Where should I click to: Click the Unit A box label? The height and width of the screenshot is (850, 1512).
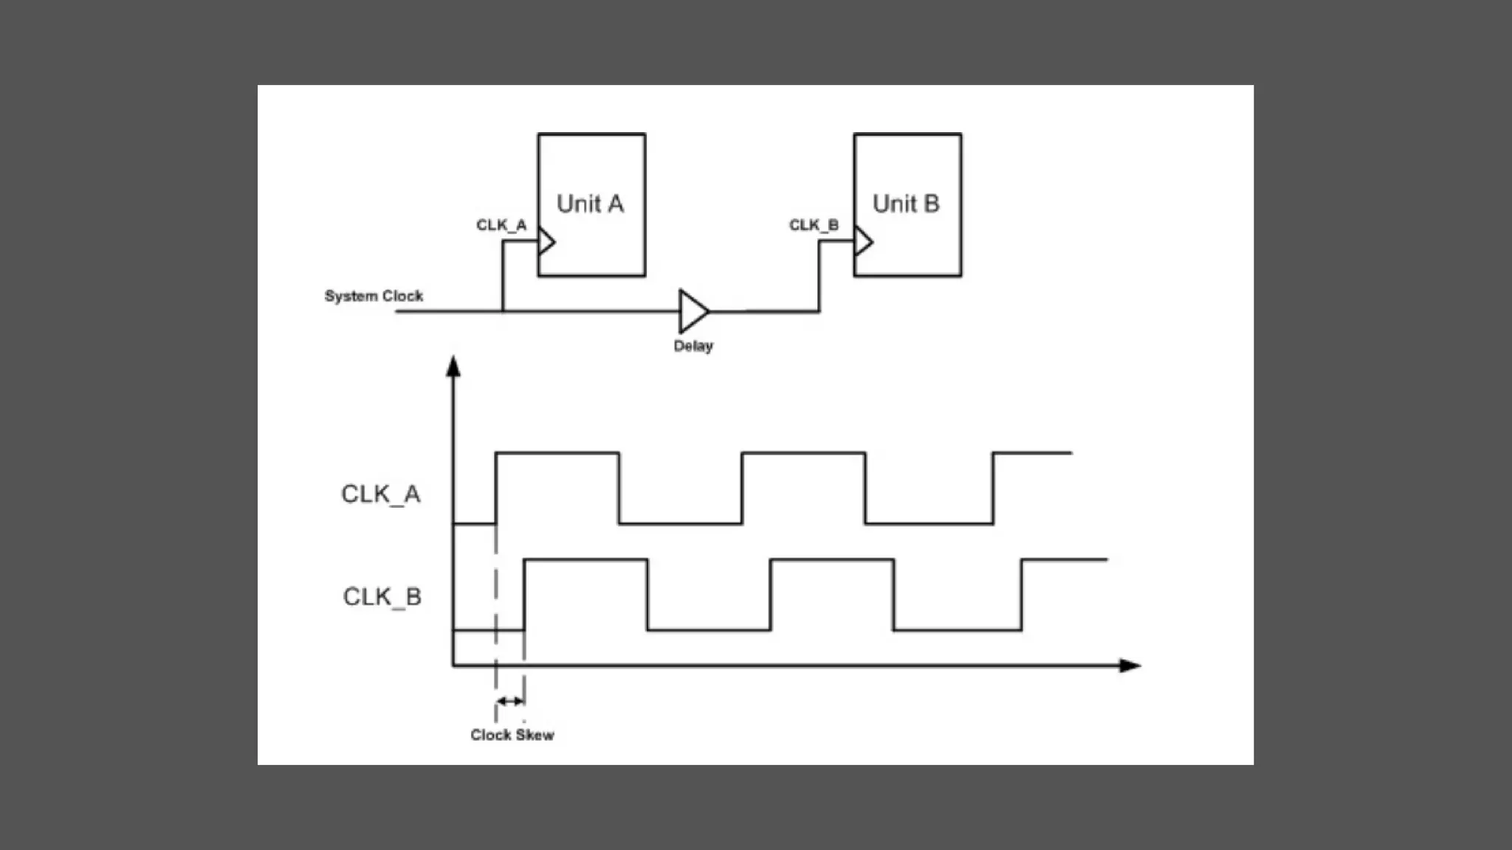click(x=590, y=204)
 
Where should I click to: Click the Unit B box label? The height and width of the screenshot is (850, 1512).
click(x=906, y=204)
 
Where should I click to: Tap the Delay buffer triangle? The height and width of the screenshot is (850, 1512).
click(x=693, y=311)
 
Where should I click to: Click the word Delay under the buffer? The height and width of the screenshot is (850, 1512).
click(x=693, y=346)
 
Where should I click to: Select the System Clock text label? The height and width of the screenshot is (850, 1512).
click(x=374, y=296)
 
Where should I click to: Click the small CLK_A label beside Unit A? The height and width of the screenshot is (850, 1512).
click(x=501, y=225)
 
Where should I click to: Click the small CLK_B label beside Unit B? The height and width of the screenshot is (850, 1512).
click(x=814, y=225)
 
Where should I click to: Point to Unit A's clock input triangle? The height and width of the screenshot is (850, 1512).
click(x=546, y=241)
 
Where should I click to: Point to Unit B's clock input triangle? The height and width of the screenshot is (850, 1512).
click(x=863, y=241)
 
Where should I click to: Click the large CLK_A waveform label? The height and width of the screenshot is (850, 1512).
click(x=381, y=494)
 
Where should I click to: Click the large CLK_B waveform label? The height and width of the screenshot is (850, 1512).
click(x=382, y=596)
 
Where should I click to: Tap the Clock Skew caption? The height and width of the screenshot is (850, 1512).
click(x=512, y=735)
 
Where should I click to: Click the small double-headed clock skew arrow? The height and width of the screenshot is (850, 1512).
click(x=510, y=701)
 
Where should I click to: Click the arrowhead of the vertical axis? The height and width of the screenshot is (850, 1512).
click(x=453, y=366)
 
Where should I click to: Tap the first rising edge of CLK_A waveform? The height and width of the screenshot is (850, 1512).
click(x=496, y=488)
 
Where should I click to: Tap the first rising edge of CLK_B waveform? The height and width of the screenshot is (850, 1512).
click(x=524, y=595)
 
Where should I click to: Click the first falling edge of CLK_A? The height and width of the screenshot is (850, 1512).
click(x=619, y=488)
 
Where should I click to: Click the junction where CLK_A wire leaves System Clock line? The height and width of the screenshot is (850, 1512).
click(x=503, y=311)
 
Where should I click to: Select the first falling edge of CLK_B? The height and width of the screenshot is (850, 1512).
click(x=647, y=595)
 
